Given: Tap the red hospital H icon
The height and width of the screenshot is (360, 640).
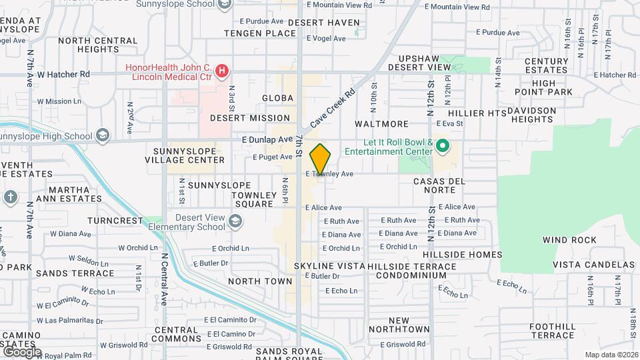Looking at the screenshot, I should pos(224,69).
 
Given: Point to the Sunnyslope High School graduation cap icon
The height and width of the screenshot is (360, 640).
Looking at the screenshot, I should pos(102,136).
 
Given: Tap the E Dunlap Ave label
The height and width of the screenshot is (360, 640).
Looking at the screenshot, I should pos(267,140).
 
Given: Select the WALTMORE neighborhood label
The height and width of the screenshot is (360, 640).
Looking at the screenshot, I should pos(381,124).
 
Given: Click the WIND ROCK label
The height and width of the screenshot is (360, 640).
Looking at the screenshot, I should pos(569,240).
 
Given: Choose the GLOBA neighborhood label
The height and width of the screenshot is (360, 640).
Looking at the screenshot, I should pos(277,98).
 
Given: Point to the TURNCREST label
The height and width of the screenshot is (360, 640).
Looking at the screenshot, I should pos(119,221).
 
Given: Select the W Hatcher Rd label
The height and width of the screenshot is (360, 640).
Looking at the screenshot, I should pos(63,75).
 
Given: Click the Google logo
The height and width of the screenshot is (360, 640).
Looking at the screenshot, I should pos(21,351).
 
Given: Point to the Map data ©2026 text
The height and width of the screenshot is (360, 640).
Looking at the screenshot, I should pos(611,355).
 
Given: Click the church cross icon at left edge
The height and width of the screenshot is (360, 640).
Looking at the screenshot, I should pos(10,197).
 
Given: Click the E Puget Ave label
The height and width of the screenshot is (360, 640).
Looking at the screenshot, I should pos(273,157).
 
